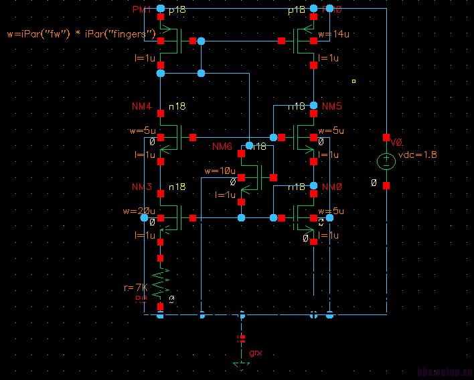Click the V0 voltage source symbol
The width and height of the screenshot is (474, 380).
click(386, 161)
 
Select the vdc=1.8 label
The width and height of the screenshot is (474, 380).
click(418, 155)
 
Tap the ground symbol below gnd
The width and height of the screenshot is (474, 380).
click(242, 365)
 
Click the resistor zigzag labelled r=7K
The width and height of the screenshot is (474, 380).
click(161, 284)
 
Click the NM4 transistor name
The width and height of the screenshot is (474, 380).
click(142, 106)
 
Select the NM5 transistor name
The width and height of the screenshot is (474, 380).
click(332, 106)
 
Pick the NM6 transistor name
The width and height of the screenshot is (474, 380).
click(222, 146)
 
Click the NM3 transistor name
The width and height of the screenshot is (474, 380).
click(142, 186)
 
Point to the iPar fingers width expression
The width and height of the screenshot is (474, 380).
click(81, 33)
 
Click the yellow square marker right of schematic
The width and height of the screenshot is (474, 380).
click(353, 82)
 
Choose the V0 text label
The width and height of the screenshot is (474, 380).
click(396, 142)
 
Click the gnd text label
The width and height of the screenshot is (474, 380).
click(256, 353)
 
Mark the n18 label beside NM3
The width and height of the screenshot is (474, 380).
click(177, 186)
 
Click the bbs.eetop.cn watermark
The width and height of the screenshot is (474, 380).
click(444, 373)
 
